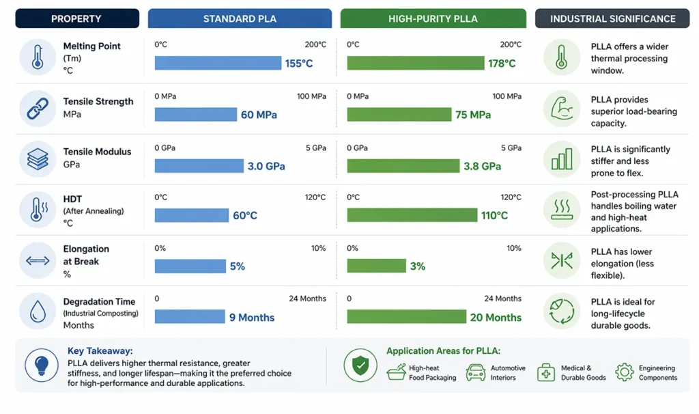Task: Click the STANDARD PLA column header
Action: click(240, 18)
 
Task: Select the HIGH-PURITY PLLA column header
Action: click(433, 18)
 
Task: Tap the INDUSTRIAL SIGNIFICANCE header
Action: click(612, 18)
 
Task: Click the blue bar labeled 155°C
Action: click(218, 63)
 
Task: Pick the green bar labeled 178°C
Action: click(415, 63)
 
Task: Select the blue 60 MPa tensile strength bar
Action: click(195, 114)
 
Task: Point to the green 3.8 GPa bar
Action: click(403, 165)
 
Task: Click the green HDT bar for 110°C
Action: click(412, 215)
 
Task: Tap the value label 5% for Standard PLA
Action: click(237, 266)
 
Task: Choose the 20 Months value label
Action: click(496, 318)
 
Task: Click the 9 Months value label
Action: click(251, 318)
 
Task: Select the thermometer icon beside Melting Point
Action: click(38, 57)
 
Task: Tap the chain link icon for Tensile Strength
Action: click(38, 108)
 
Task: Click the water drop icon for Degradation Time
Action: click(38, 311)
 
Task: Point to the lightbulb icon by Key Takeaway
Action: click(42, 365)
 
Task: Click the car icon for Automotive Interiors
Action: click(476, 372)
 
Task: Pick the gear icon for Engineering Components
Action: click(625, 372)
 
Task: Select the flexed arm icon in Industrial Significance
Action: click(561, 108)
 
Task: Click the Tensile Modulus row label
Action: click(97, 152)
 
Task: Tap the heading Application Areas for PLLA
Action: click(443, 351)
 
